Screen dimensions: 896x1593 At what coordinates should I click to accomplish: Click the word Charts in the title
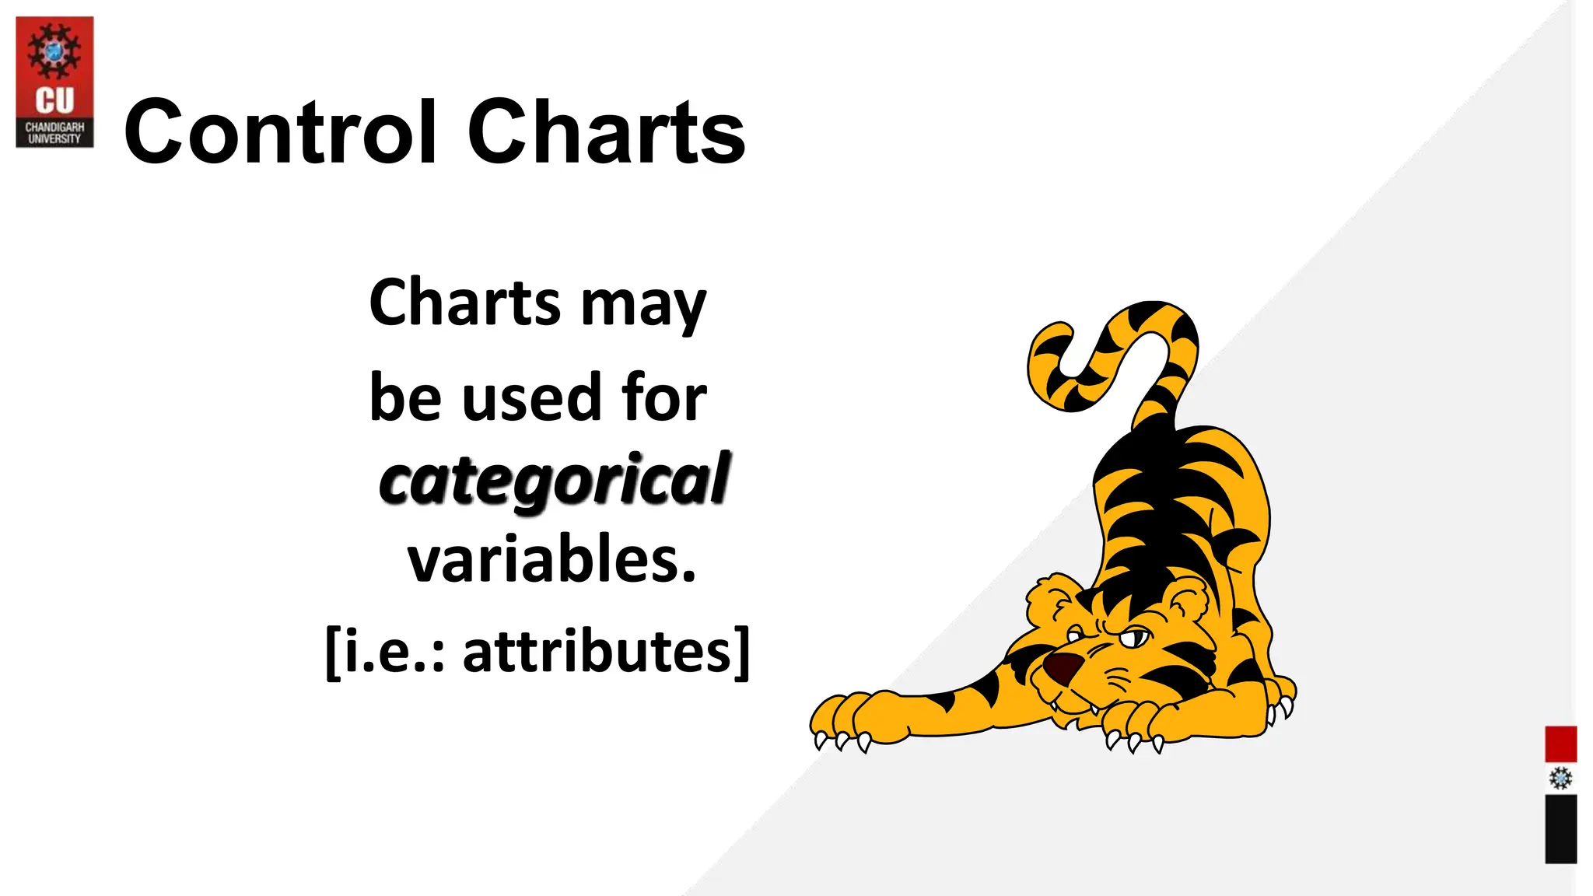pos(606,132)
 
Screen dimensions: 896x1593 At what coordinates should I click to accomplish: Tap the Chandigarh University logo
pos(54,82)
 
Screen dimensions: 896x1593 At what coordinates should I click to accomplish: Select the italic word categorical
pos(554,480)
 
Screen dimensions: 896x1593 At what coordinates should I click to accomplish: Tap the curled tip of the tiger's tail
pos(1050,334)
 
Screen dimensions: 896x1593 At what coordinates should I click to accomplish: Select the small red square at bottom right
pos(1560,744)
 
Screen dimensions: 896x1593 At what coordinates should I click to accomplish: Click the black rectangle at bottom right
pos(1560,828)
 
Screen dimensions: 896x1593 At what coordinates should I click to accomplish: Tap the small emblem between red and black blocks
pos(1560,778)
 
